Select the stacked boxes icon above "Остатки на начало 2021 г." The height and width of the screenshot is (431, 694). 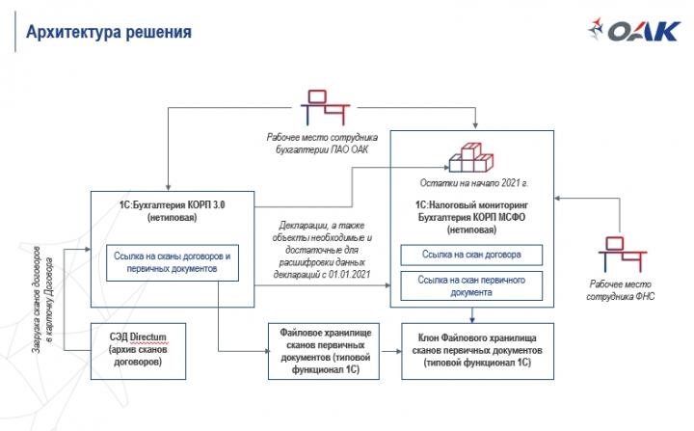[471, 156]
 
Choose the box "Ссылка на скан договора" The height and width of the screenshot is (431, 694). [472, 256]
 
